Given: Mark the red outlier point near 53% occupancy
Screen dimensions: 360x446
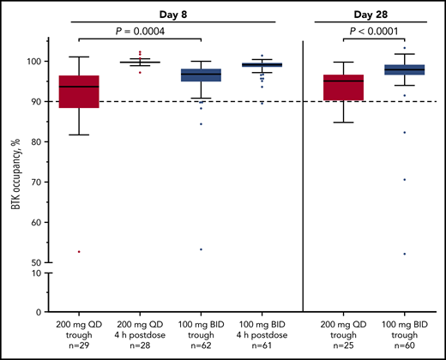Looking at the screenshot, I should pyautogui.click(x=79, y=251).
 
